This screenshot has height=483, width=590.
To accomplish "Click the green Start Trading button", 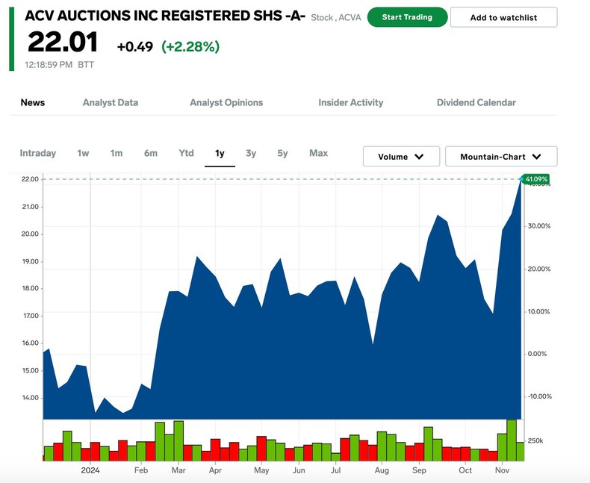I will click(407, 17).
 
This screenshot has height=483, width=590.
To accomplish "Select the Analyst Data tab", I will click(111, 102).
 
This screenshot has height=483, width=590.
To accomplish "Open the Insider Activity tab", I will click(350, 102).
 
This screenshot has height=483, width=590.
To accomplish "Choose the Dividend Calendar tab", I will click(476, 102).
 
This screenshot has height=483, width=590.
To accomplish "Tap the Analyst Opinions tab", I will click(226, 102).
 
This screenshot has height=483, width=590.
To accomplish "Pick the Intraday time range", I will click(38, 153).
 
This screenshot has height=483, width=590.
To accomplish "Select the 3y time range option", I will click(251, 153).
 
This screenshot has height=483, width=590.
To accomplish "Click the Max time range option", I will click(318, 153).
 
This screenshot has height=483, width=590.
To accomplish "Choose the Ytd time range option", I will click(186, 153).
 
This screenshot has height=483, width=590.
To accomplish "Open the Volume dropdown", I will click(401, 157).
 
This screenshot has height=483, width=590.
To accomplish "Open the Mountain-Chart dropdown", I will click(501, 157).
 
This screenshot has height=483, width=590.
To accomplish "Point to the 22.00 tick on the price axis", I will click(30, 179).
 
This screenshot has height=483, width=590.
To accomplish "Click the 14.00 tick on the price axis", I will click(30, 398).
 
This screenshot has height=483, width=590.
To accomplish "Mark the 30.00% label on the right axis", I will click(538, 226).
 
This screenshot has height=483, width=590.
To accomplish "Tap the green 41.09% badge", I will click(536, 179).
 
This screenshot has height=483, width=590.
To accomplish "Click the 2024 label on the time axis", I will click(90, 470).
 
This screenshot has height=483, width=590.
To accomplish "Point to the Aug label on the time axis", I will click(382, 470).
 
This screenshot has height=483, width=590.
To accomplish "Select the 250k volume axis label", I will click(536, 441).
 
